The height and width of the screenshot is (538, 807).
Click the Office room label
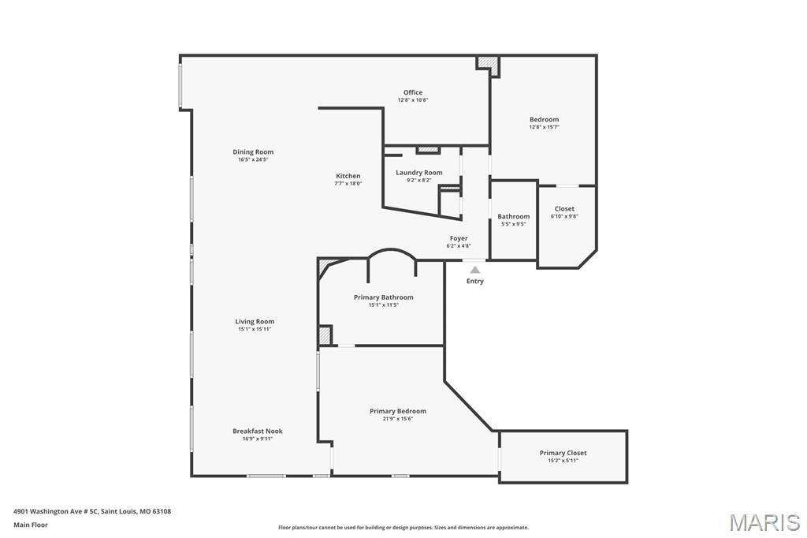[x=413, y=92]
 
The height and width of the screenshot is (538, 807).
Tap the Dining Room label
[x=253, y=151]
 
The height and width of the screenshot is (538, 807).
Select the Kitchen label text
[x=348, y=176]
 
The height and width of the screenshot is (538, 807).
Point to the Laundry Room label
[x=419, y=173]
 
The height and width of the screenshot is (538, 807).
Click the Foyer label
[x=459, y=238]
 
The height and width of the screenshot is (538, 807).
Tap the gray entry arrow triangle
[x=475, y=270]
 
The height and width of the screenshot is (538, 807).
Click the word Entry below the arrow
[x=475, y=281]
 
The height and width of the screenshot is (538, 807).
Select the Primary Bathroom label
[x=384, y=297]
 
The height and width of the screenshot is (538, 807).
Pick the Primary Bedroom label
[x=398, y=411]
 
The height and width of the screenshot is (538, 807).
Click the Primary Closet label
[x=563, y=453]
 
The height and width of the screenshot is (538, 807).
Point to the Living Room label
[x=255, y=322]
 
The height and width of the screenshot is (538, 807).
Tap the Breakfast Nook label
[x=258, y=432]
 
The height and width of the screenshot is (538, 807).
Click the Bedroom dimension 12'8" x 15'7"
[x=544, y=127]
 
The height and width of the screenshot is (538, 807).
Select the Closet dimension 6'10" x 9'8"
[x=564, y=216]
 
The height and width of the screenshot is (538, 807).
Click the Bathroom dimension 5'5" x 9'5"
[x=514, y=224]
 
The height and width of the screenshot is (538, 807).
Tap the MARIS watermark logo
[x=764, y=522]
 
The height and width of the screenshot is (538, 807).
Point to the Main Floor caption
[x=31, y=525]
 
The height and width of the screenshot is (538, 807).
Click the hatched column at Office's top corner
[x=489, y=65]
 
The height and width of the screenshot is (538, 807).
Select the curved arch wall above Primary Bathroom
[x=392, y=250]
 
